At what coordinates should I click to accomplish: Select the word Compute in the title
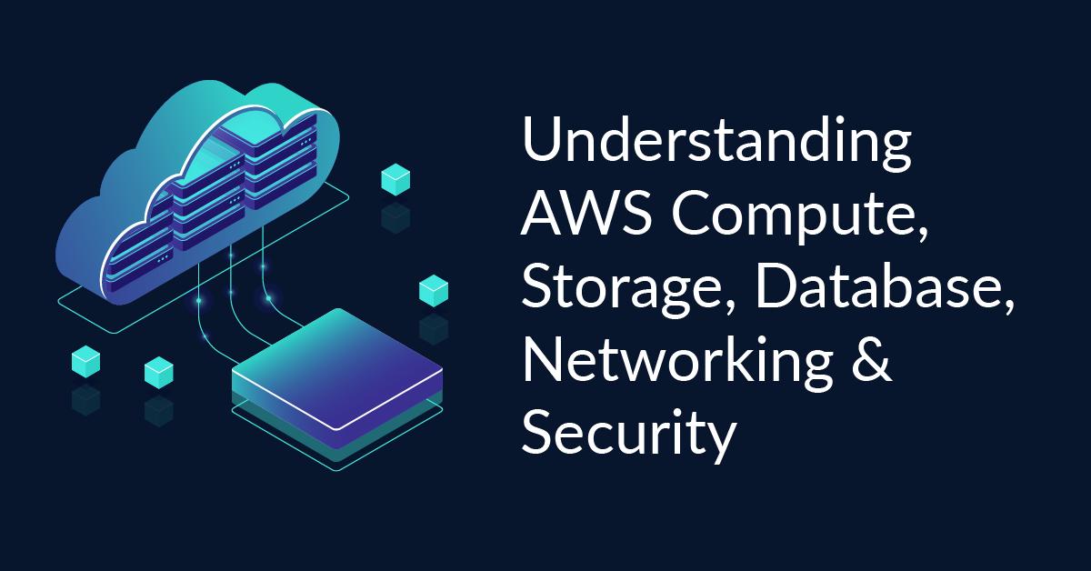point(801,222)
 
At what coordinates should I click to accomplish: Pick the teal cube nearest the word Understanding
point(395,179)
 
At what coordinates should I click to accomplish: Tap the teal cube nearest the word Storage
point(433,291)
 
